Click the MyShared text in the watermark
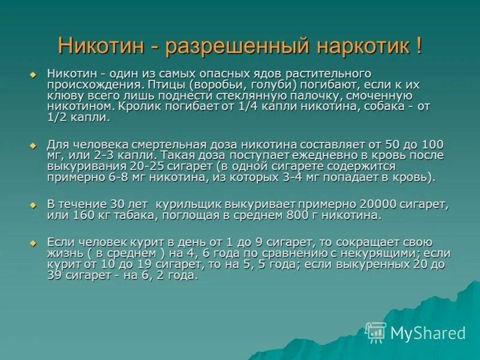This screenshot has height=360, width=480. pos(428,333)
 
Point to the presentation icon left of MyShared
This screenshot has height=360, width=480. pos(376,332)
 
